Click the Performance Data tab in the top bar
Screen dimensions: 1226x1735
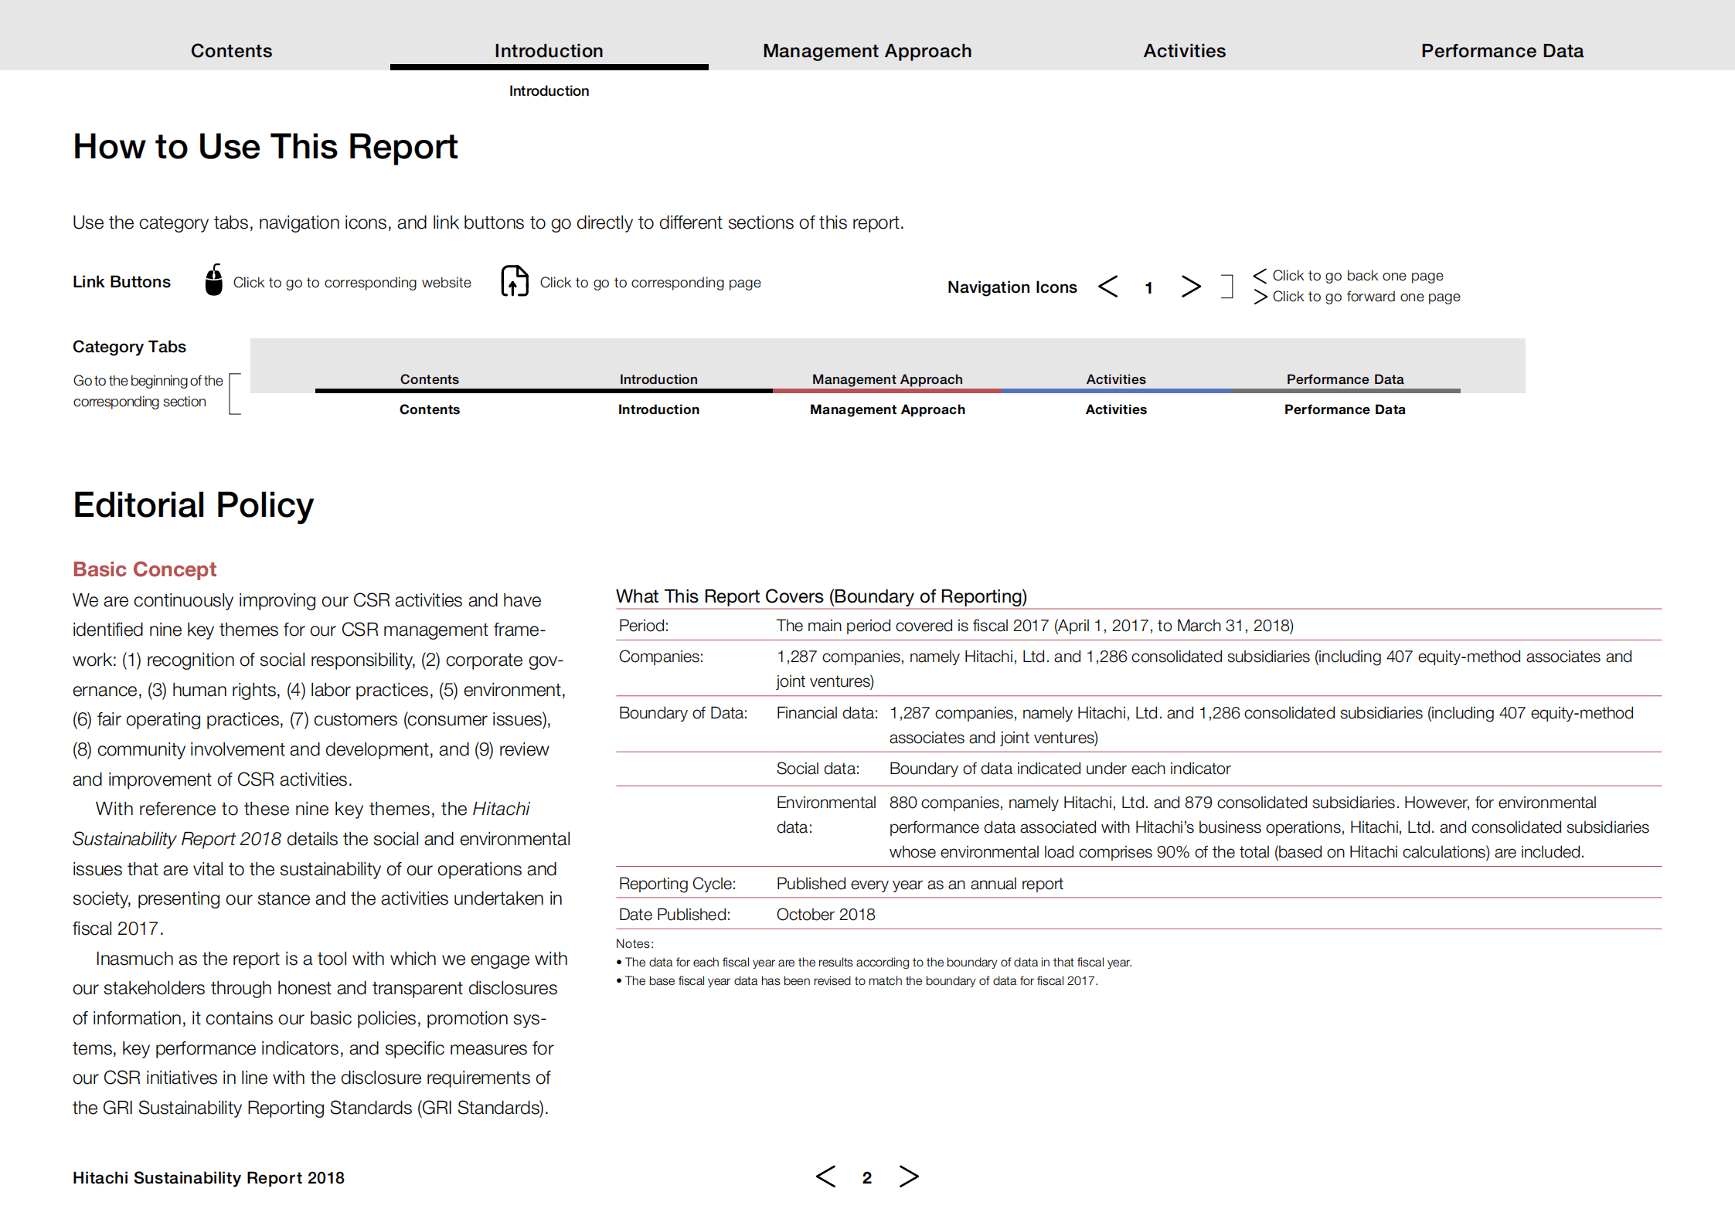(x=1502, y=51)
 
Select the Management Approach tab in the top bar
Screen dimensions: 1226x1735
(x=867, y=51)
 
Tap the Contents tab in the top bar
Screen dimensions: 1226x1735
(x=231, y=51)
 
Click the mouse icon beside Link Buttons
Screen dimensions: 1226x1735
(x=214, y=280)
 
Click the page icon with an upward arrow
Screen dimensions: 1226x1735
(x=515, y=281)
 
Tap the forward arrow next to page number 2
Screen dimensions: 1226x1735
(x=909, y=1177)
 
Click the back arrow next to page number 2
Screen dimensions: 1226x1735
(x=825, y=1177)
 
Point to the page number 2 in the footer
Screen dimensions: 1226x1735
(x=867, y=1178)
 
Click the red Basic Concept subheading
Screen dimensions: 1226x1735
(x=145, y=569)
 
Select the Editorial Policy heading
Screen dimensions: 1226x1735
(x=193, y=505)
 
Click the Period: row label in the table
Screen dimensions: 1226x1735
(x=644, y=626)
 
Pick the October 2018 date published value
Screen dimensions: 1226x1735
(x=825, y=915)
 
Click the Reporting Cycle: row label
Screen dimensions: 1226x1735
(x=677, y=884)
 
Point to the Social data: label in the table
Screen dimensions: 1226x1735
(x=818, y=769)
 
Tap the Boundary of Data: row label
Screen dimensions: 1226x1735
(x=683, y=713)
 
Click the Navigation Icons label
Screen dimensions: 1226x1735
(x=1012, y=287)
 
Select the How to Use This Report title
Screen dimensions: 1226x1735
(x=265, y=147)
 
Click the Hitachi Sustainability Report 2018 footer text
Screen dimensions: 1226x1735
(x=209, y=1178)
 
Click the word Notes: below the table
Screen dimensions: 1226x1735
(x=634, y=944)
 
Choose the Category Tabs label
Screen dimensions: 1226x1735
(x=129, y=347)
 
